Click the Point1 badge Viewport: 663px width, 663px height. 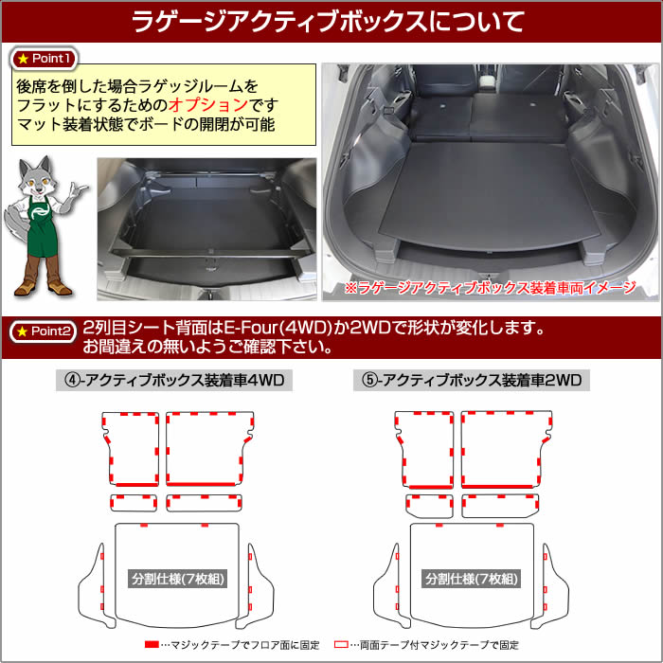tap(44, 59)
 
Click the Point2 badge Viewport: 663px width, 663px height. tap(44, 331)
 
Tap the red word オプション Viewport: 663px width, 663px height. tap(208, 105)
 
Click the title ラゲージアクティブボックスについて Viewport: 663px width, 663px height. tap(328, 21)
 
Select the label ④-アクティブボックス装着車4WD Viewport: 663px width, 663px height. tap(174, 380)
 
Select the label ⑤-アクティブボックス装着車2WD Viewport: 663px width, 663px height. tap(472, 380)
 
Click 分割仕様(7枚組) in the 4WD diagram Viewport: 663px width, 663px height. tap(178, 579)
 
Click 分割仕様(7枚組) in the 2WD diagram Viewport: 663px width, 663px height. tap(472, 579)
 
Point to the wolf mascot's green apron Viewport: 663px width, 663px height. tap(43, 228)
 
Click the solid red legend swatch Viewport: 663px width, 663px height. tap(152, 644)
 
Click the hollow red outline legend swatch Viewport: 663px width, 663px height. tap(341, 644)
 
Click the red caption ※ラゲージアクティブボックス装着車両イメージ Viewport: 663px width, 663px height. tap(491, 288)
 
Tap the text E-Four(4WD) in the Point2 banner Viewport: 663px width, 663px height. tap(278, 328)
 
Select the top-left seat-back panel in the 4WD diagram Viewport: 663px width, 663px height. tap(131, 449)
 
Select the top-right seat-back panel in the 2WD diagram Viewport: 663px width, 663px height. tap(505, 449)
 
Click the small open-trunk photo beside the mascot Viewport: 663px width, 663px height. tap(206, 229)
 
